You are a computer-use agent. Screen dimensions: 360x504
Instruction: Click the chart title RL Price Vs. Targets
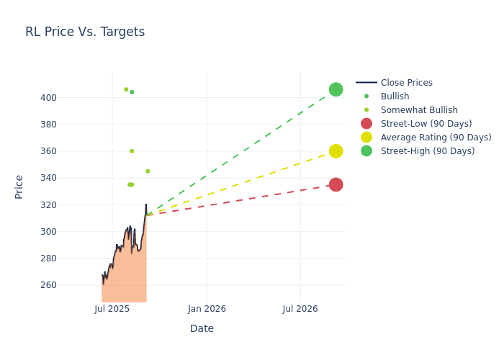(85, 32)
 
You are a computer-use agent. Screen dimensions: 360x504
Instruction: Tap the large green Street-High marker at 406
(336, 89)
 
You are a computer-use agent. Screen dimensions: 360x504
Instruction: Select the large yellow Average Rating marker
(336, 151)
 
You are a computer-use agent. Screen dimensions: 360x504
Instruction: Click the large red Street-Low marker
(336, 184)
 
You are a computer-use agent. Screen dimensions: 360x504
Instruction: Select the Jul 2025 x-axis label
(112, 309)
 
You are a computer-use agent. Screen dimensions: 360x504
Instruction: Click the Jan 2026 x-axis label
(207, 309)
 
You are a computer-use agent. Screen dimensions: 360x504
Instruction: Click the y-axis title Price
(19, 186)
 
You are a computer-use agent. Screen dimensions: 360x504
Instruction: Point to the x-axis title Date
(202, 328)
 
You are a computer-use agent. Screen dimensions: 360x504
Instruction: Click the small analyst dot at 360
(132, 151)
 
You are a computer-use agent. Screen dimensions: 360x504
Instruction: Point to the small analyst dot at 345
(148, 171)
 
